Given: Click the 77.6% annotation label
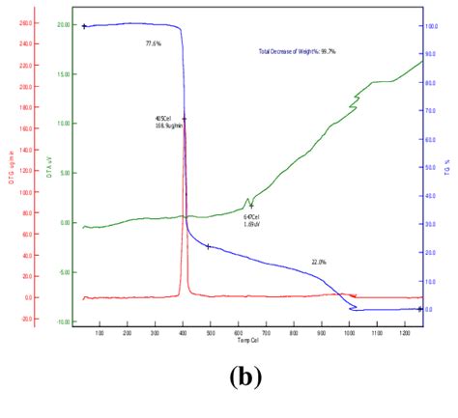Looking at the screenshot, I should point(154,44).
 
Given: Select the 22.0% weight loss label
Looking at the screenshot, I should point(319,262).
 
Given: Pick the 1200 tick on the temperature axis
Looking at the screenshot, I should point(406,333).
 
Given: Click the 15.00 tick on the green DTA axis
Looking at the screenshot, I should point(64,73).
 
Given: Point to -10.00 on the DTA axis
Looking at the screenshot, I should point(63,321).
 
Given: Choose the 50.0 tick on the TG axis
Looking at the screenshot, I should point(432,168).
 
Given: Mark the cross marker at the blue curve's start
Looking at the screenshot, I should point(85,27).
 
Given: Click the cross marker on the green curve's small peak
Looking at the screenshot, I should point(251,206).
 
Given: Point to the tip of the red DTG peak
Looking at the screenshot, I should point(185,120).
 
